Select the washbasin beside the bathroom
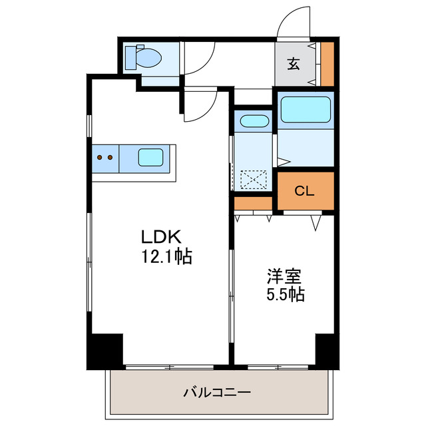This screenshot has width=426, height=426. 252,122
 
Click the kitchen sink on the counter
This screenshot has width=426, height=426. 150,158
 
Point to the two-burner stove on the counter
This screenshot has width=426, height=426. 104,158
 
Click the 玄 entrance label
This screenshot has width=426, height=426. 294,64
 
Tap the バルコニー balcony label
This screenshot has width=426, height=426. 217,393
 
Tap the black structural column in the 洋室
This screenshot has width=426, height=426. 326,349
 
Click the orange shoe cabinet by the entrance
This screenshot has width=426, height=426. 327,64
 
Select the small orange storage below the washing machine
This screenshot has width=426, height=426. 253,203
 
